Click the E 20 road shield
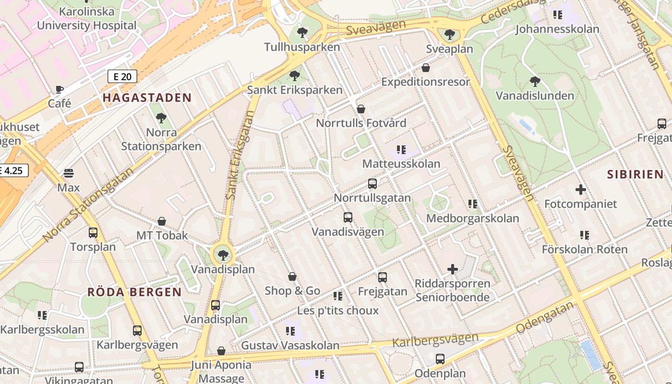coord(122,76)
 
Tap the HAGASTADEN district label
coord(147,98)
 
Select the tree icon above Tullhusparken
coord(302,33)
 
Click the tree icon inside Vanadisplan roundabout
coord(222,255)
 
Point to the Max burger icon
coord(69,173)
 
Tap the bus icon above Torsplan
coord(93,233)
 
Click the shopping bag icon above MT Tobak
coord(162,221)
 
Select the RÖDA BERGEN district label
coord(134,292)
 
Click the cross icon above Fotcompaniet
coord(581,190)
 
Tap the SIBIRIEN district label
coord(635,174)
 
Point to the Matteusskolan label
coord(401,164)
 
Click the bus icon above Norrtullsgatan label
coord(372,184)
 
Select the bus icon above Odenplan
coord(440,359)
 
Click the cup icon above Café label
coord(60,89)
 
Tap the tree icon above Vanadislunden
coord(535,82)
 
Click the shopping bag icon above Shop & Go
coord(292,277)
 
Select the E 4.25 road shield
coord(12,170)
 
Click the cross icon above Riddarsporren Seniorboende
coord(453,269)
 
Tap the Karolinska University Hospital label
coord(87,18)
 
